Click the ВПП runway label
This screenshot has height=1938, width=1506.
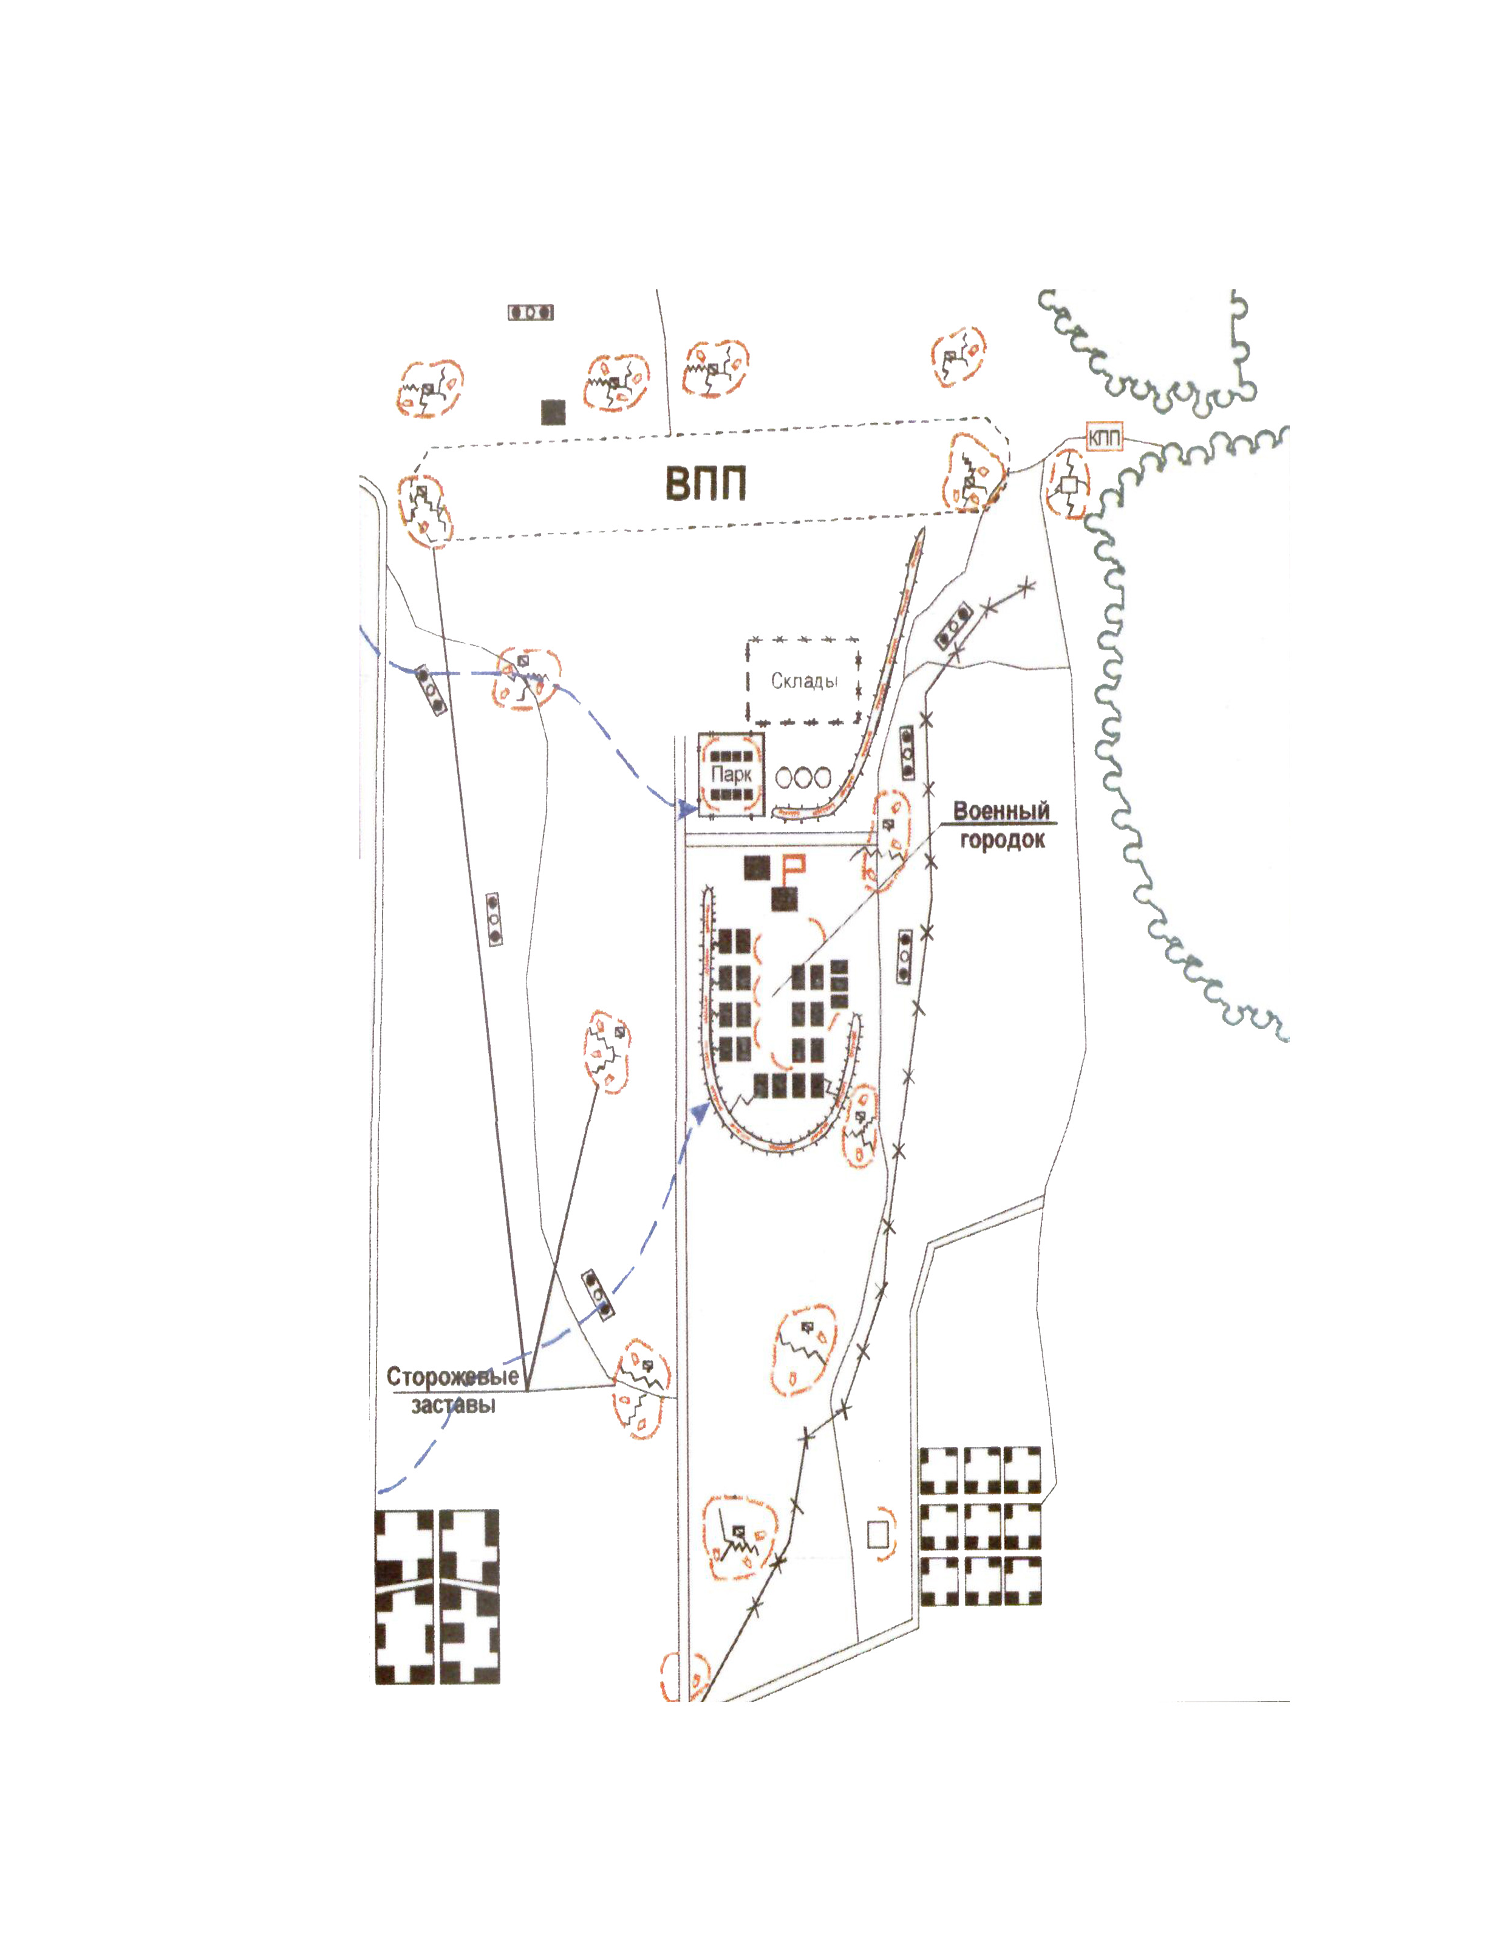(705, 484)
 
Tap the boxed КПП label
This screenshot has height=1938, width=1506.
(1104, 438)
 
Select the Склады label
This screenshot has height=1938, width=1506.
(803, 681)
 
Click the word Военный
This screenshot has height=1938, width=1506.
(1001, 810)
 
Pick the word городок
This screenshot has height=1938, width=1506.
(1002, 839)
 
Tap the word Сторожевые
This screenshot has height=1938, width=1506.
(452, 1376)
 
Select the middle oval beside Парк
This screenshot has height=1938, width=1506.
(803, 777)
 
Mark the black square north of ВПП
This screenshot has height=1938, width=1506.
(553, 412)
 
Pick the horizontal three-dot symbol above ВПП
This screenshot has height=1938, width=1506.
(530, 312)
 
